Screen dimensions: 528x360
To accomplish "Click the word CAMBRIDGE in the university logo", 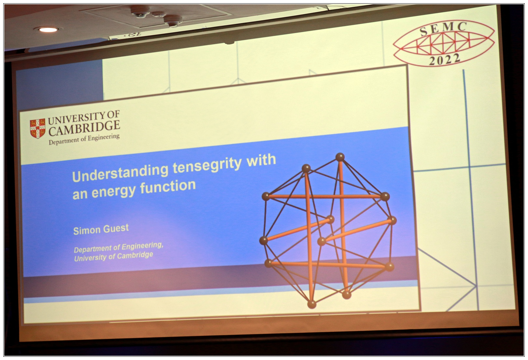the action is tap(84, 129).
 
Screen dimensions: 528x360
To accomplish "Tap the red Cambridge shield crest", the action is tap(37, 128).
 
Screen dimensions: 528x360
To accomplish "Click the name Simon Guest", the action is tap(101, 229).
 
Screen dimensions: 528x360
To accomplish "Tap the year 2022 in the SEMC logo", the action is tap(444, 60).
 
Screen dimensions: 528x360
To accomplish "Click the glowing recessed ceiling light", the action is tap(48, 30).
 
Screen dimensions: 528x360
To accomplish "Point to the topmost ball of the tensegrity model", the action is tap(340, 157).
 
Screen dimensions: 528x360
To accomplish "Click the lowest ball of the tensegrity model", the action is tap(312, 304).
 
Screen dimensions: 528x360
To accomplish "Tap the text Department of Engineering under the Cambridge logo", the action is tap(84, 139).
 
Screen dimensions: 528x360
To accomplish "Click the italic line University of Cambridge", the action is tap(114, 256).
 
